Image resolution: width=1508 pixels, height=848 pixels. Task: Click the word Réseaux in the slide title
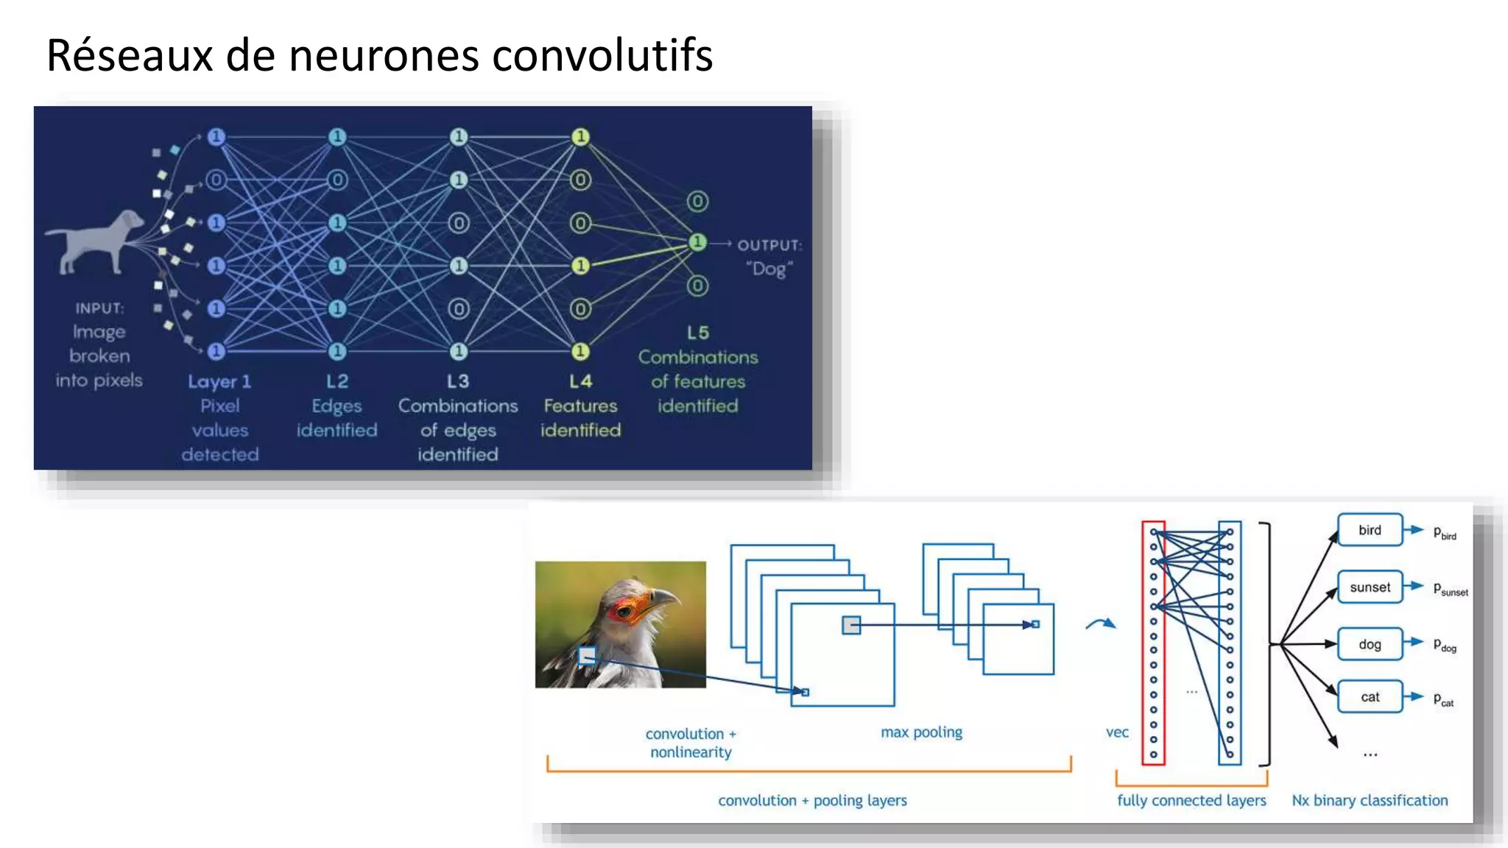(129, 55)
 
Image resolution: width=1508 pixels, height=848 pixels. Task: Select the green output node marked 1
(697, 242)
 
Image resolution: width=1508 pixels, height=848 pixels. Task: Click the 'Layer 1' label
(219, 381)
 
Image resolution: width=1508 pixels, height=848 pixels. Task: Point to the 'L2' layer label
(337, 381)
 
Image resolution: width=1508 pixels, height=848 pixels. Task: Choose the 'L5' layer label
(698, 333)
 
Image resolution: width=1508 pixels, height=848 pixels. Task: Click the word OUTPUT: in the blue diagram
(769, 245)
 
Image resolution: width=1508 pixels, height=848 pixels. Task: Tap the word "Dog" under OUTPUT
(769, 269)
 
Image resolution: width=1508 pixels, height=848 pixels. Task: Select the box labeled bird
(1370, 530)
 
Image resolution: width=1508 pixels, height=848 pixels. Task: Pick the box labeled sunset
(1370, 587)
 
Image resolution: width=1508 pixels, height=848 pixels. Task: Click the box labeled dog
(1370, 644)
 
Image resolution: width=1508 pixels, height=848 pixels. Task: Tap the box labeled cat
(1370, 697)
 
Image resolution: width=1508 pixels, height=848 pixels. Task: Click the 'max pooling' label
(921, 732)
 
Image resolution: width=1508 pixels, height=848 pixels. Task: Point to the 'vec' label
(1117, 732)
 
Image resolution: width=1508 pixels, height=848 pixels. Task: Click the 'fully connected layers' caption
(1191, 800)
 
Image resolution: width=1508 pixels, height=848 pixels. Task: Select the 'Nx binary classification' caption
(1370, 800)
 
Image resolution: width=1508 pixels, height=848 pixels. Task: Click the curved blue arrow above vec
(1101, 624)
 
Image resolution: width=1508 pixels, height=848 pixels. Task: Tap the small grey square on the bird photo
(588, 655)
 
